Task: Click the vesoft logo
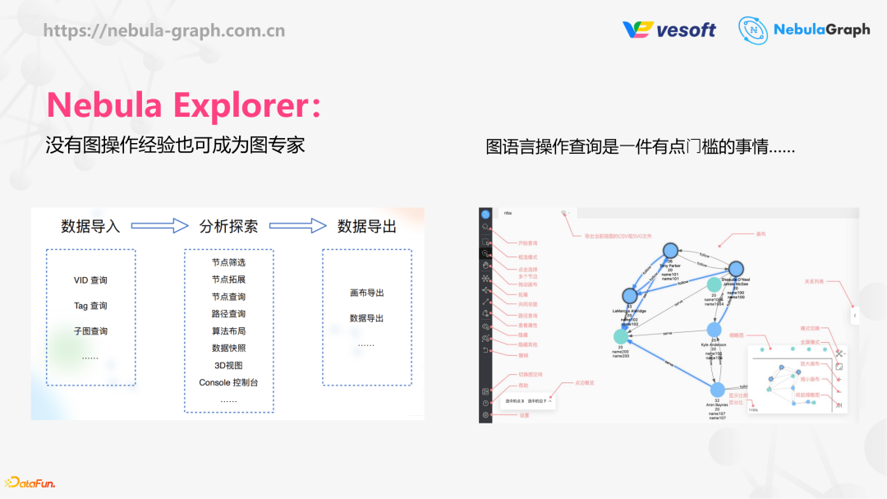click(x=669, y=30)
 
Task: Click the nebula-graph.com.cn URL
click(x=164, y=31)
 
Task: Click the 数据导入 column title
click(x=90, y=226)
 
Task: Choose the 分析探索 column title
click(x=228, y=226)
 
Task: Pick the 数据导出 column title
click(x=367, y=226)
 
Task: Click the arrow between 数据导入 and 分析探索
click(x=160, y=226)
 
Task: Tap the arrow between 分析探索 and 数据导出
click(x=298, y=226)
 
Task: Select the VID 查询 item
click(x=90, y=280)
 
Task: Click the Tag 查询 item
click(x=90, y=306)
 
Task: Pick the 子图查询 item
click(x=90, y=331)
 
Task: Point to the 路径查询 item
click(x=228, y=314)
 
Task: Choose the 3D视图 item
click(x=228, y=366)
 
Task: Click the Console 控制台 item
click(x=228, y=383)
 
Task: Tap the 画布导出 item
click(x=366, y=293)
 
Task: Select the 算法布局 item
click(x=228, y=331)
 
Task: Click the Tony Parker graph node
click(x=669, y=252)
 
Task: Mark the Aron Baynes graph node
click(x=718, y=390)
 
